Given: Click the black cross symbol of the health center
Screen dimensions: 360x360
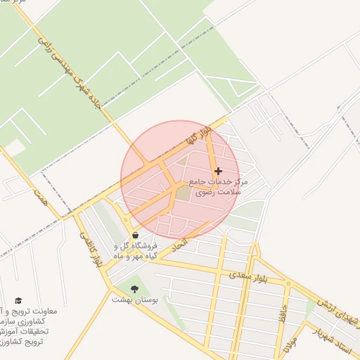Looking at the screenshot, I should [x=218, y=171].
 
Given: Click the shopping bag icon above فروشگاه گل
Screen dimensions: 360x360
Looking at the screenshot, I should [x=135, y=236].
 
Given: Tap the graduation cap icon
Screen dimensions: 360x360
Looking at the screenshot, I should [x=18, y=301].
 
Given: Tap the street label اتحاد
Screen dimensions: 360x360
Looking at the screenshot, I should [x=179, y=244].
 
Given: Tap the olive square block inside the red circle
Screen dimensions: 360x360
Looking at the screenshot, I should [x=183, y=192].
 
